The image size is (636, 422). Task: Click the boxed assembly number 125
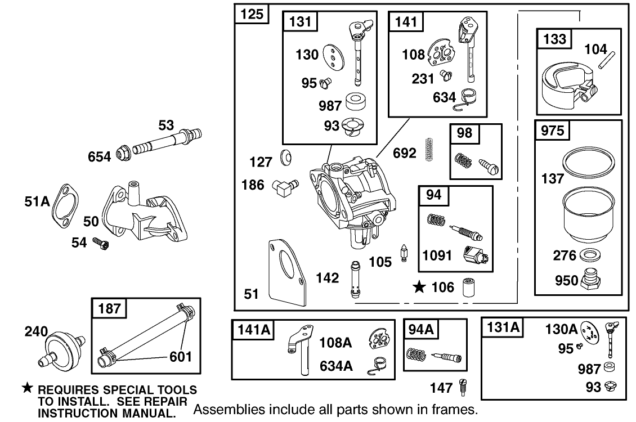pyautogui.click(x=252, y=14)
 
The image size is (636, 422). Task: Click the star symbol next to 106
pyautogui.click(x=419, y=288)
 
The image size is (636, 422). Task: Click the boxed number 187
pyautogui.click(x=109, y=308)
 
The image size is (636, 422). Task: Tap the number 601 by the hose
pyautogui.click(x=181, y=356)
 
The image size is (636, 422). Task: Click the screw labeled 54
pyautogui.click(x=101, y=244)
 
